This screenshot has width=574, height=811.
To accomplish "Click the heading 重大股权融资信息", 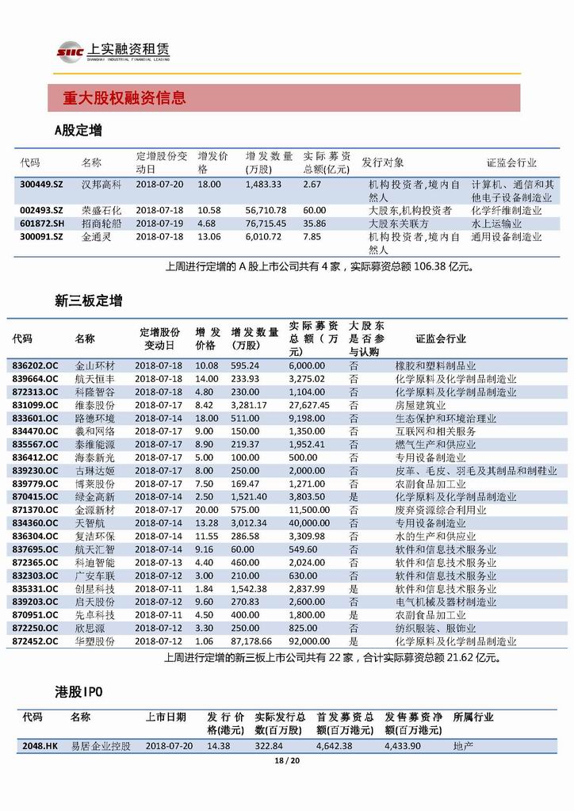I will point(125,99).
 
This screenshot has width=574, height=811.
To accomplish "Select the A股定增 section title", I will point(78,130).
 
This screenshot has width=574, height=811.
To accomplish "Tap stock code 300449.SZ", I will point(41,184).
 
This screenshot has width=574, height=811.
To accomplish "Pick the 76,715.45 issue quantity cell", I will point(266,224).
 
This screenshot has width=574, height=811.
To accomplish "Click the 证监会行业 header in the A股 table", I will point(511,163).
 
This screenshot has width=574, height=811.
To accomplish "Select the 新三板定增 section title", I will point(88,301).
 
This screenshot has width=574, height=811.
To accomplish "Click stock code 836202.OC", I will point(36,365).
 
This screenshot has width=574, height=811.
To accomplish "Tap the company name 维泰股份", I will point(95,404).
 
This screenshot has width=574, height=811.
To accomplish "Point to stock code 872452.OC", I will point(36,641).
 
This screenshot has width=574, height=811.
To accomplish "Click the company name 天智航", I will point(90,523).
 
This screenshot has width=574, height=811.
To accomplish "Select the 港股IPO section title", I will point(78,692).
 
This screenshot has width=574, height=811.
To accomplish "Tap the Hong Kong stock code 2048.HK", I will point(40,746).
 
